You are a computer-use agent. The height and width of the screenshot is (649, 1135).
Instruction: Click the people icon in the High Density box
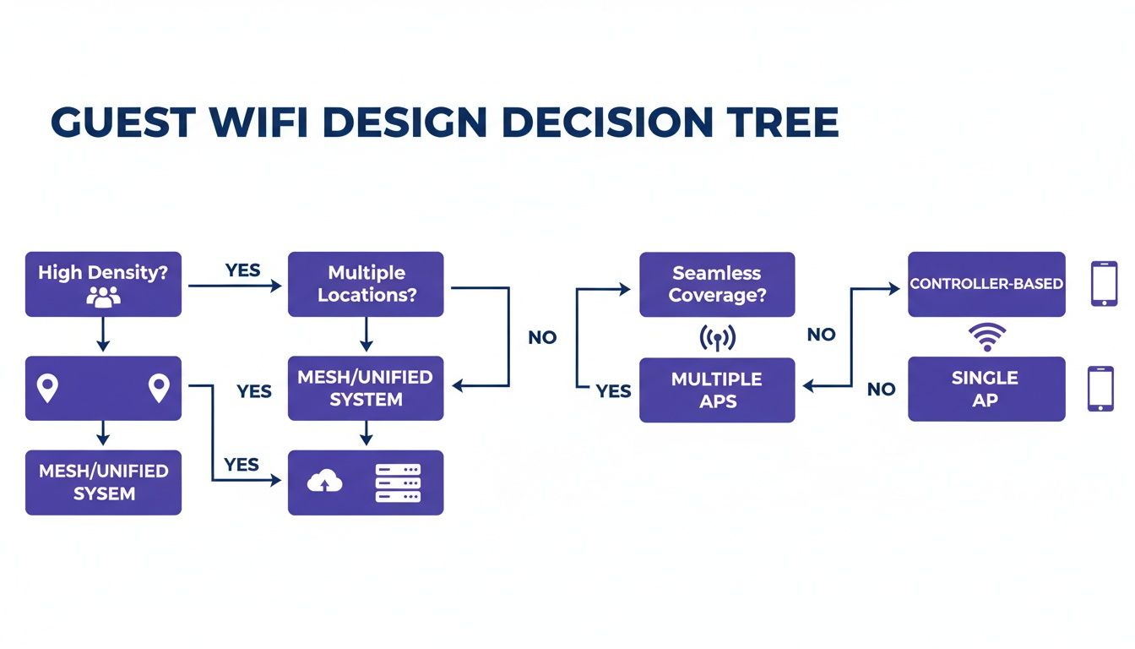pyautogui.click(x=103, y=297)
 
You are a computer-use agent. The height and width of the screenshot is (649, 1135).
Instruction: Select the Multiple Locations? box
pyautogui.click(x=366, y=284)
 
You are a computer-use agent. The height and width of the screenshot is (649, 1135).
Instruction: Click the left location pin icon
pyautogui.click(x=48, y=389)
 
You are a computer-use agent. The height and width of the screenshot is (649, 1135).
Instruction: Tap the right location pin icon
pyautogui.click(x=158, y=389)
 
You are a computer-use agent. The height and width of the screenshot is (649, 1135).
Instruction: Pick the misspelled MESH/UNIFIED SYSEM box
pyautogui.click(x=103, y=483)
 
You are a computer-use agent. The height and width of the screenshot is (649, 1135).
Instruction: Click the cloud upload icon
pyautogui.click(x=326, y=482)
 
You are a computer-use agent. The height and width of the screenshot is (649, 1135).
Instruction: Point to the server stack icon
pyautogui.click(x=397, y=482)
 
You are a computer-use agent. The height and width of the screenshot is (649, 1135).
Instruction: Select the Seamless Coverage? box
pyautogui.click(x=716, y=284)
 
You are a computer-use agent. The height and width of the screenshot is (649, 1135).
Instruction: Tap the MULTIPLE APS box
pyautogui.click(x=716, y=390)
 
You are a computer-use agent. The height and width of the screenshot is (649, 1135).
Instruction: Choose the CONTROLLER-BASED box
pyautogui.click(x=986, y=284)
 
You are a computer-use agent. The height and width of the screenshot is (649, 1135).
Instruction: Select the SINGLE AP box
pyautogui.click(x=986, y=389)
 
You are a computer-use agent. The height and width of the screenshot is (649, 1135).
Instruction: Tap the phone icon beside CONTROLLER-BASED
pyautogui.click(x=1104, y=284)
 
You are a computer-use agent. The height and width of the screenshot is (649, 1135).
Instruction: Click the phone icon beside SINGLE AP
pyautogui.click(x=1100, y=389)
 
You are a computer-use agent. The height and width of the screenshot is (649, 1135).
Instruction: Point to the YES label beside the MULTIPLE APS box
pyautogui.click(x=613, y=391)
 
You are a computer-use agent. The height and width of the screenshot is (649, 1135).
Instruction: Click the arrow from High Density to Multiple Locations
pyautogui.click(x=235, y=286)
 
